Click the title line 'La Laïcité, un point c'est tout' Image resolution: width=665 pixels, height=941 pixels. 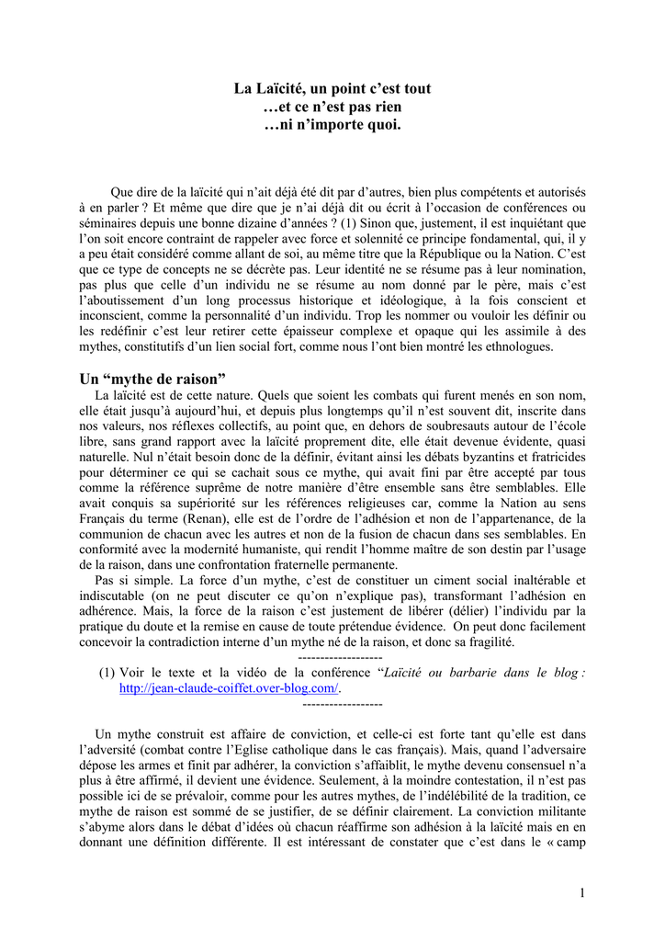pos(332,89)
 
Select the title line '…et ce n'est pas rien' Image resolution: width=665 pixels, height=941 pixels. pos(332,107)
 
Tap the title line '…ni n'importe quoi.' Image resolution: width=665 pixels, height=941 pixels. pos(332,124)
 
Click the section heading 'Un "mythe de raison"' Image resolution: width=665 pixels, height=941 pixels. pos(152,379)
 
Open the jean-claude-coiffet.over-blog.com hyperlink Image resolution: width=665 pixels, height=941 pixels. pos(230,687)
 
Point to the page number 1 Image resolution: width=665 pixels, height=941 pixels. pos(582,891)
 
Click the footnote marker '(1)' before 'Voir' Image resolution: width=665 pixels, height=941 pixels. pos(107,673)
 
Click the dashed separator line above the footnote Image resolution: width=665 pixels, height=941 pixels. pos(341,657)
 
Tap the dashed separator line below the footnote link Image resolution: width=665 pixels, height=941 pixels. pos(342,703)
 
